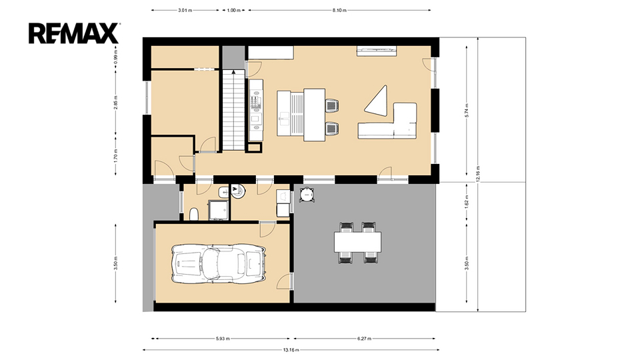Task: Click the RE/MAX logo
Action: pyautogui.click(x=74, y=33)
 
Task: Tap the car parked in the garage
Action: pyautogui.click(x=219, y=264)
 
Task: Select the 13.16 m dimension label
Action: pyautogui.click(x=291, y=350)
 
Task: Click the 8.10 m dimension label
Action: pyautogui.click(x=339, y=10)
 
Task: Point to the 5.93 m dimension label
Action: pyautogui.click(x=223, y=339)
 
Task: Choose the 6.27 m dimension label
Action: pyautogui.click(x=364, y=339)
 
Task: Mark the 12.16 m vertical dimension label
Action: pyautogui.click(x=478, y=174)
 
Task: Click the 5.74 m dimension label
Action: pyautogui.click(x=467, y=111)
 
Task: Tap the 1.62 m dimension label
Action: pyautogui.click(x=467, y=202)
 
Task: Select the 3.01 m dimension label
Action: pyautogui.click(x=185, y=10)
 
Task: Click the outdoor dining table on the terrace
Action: pyautogui.click(x=358, y=242)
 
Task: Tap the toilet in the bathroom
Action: pyautogui.click(x=194, y=214)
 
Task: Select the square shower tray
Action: pyautogui.click(x=218, y=210)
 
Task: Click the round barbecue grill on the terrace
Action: pyautogui.click(x=307, y=195)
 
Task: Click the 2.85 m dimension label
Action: pyautogui.click(x=116, y=103)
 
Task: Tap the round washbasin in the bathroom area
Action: pyautogui.click(x=238, y=191)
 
